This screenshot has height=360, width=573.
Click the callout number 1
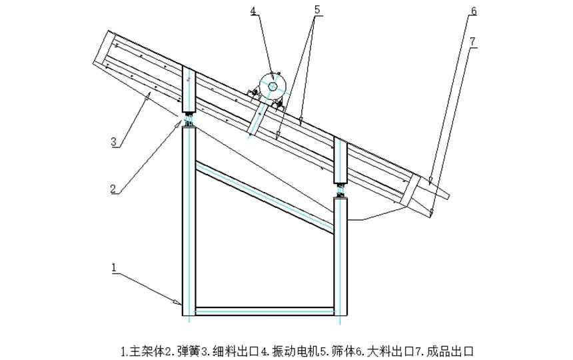coord(114,267)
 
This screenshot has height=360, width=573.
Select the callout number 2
coord(114,188)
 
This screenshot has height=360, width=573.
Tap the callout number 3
coord(114,141)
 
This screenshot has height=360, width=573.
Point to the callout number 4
coord(254,11)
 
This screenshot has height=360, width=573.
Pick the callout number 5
coord(317,9)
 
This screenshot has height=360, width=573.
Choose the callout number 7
coord(472,41)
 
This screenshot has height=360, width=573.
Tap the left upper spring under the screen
coord(189,120)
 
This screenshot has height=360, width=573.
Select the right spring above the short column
coord(340,189)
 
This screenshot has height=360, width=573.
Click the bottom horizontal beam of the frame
coord(265,311)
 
